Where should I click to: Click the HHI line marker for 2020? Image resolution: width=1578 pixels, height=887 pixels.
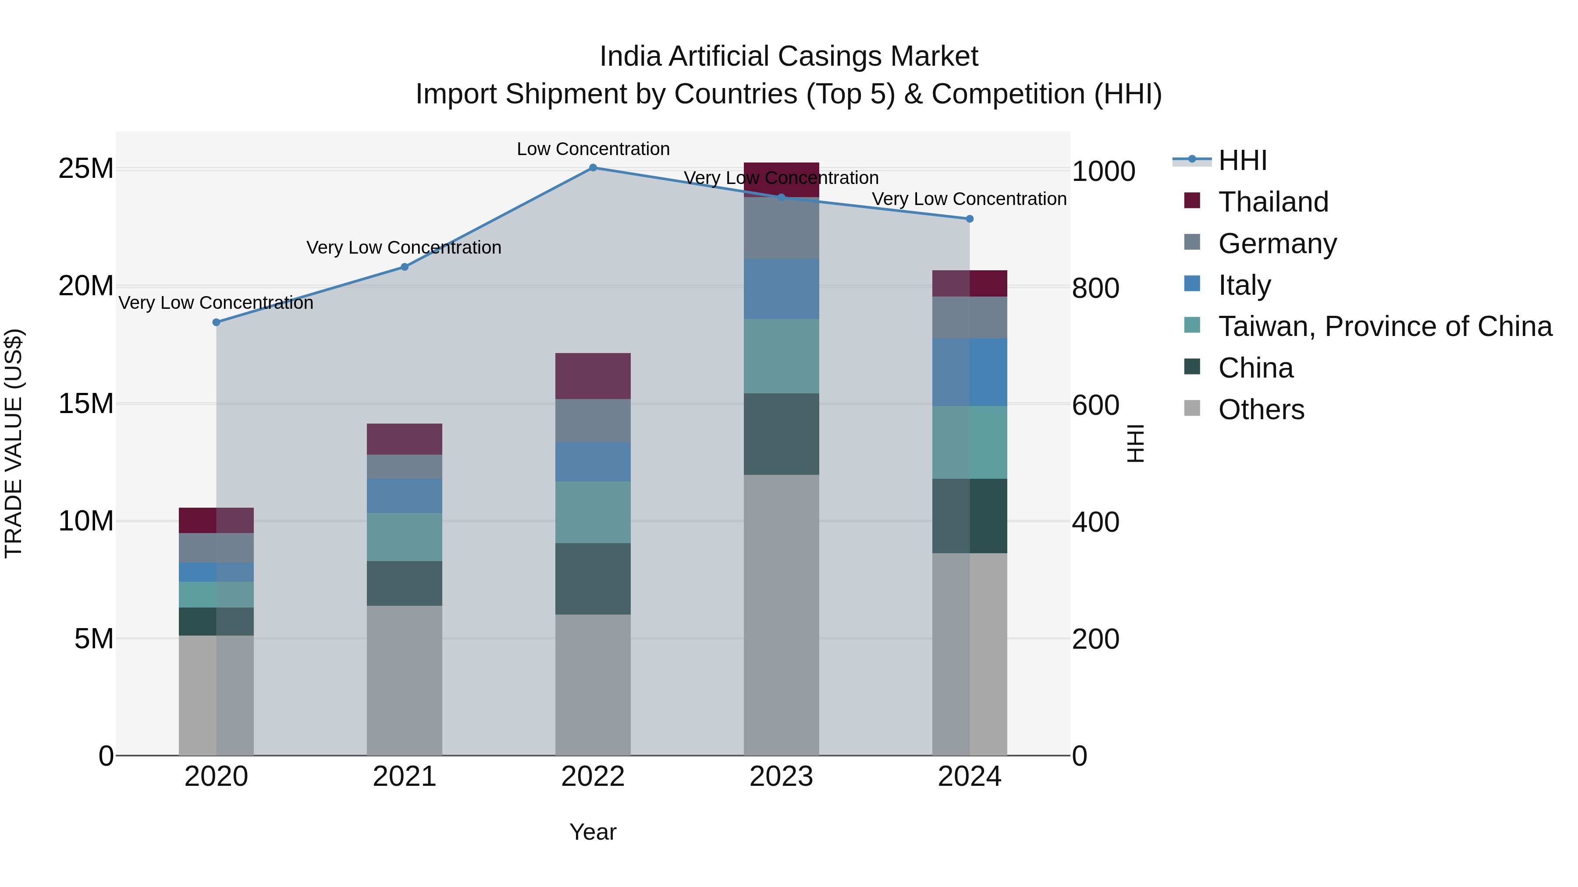tap(216, 322)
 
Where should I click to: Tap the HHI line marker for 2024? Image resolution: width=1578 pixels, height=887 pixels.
tap(969, 219)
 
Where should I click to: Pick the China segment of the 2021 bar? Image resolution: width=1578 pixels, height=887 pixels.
tap(404, 583)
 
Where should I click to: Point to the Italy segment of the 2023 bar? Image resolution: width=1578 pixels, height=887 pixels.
tap(781, 289)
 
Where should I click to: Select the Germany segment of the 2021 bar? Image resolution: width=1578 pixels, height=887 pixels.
tap(404, 466)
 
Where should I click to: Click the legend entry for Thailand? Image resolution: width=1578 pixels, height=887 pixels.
tap(1273, 202)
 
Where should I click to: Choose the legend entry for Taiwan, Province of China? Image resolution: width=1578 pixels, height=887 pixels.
tap(1384, 327)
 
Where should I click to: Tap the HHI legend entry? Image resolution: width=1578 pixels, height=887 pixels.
tap(1242, 160)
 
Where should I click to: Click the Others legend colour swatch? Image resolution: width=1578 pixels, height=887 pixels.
tap(1192, 408)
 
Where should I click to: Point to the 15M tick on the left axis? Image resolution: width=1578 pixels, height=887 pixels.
tap(86, 404)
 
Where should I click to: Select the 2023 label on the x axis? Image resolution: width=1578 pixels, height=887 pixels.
tap(781, 777)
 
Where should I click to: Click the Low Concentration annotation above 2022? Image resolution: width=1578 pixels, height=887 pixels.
tap(593, 149)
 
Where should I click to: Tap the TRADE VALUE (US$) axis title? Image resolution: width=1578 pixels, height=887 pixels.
tap(14, 443)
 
